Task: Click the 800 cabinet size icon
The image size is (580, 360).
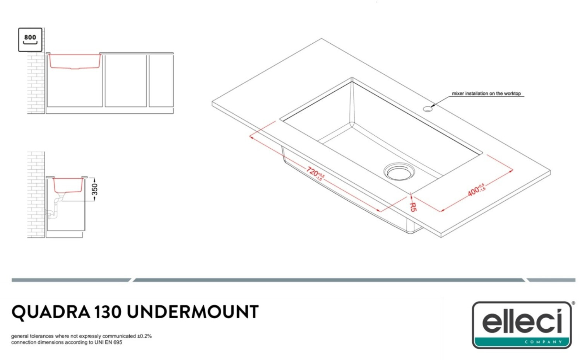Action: click(x=30, y=39)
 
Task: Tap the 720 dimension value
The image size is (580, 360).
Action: click(x=313, y=171)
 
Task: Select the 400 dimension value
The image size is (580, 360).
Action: click(x=474, y=191)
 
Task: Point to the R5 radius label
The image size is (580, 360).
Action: click(x=413, y=207)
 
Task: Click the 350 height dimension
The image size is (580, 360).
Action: click(x=94, y=189)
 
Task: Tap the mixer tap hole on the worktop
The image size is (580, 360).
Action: click(x=428, y=109)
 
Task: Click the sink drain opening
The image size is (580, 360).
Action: click(x=399, y=172)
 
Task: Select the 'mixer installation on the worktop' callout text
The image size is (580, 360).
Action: click(x=486, y=94)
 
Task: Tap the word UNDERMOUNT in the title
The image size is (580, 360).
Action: click(x=192, y=312)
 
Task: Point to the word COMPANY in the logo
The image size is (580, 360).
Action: click(x=543, y=342)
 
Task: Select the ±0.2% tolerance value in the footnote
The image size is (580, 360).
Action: click(x=144, y=336)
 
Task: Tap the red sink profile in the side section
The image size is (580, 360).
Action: click(x=68, y=191)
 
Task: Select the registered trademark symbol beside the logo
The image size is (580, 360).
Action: click(x=573, y=304)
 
